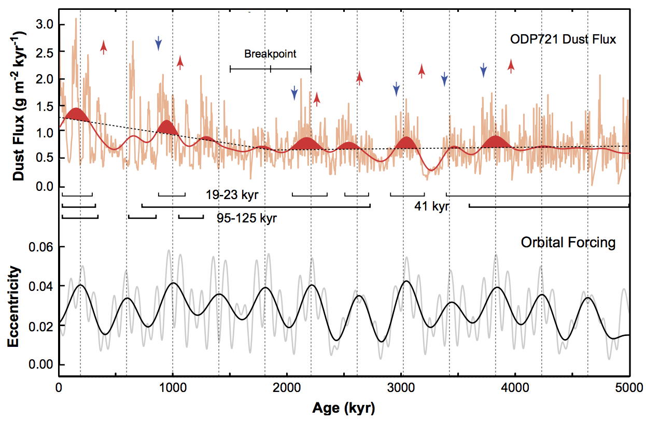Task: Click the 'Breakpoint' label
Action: [270, 54]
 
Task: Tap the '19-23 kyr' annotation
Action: [231, 195]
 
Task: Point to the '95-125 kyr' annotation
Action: [247, 218]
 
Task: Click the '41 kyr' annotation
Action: [431, 206]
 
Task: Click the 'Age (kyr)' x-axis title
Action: [343, 408]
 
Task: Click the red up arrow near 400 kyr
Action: [104, 47]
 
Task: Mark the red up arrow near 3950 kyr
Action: [511, 66]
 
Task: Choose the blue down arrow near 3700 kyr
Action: [483, 69]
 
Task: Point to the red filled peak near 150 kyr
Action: [76, 115]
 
